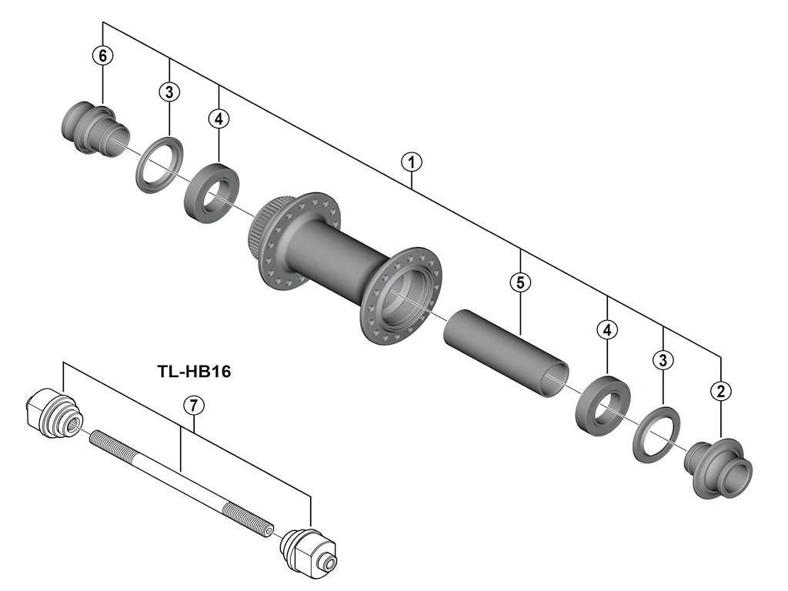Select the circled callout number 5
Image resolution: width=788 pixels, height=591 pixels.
click(520, 282)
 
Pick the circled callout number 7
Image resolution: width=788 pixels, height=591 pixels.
click(192, 405)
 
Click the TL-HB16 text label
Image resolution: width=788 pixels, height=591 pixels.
click(194, 372)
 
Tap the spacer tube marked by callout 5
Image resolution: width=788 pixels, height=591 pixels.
click(504, 350)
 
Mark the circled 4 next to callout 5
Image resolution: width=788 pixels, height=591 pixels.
click(608, 330)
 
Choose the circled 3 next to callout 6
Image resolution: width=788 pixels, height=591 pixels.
click(169, 92)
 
